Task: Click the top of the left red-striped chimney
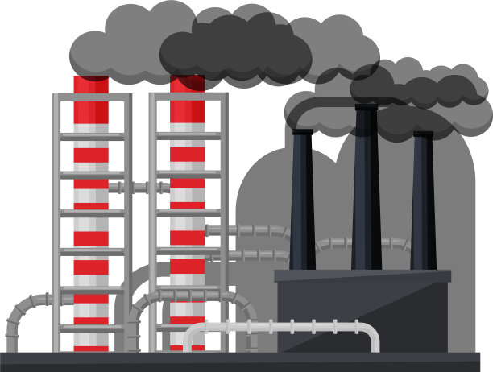(x=91, y=82)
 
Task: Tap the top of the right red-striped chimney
(x=187, y=82)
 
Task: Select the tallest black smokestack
(x=366, y=193)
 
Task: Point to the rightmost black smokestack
(x=422, y=201)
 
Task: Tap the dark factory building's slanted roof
(x=362, y=276)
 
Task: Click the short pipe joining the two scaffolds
(x=139, y=188)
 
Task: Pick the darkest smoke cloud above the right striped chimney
(x=234, y=52)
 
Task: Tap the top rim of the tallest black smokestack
(x=366, y=106)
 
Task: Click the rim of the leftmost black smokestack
(x=302, y=131)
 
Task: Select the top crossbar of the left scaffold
(x=91, y=97)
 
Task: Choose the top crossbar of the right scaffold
(x=187, y=97)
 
